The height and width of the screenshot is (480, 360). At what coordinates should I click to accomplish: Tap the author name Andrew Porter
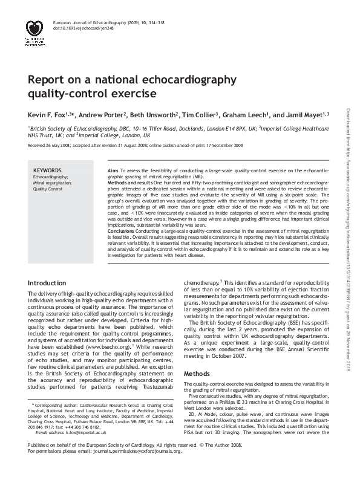(103, 114)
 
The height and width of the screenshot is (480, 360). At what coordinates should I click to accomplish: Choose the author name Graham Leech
(248, 114)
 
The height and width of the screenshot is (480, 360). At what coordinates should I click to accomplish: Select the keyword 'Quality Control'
(48, 189)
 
